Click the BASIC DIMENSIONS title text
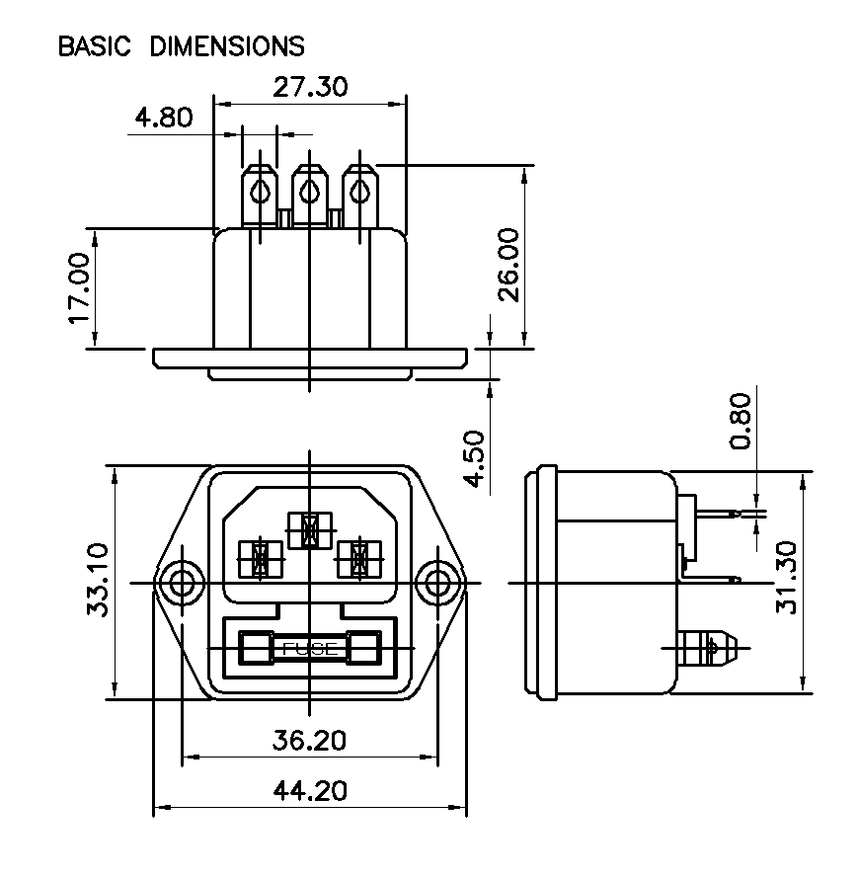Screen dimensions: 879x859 [x=181, y=46]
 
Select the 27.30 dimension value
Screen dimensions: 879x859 [x=310, y=87]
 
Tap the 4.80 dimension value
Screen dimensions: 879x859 [x=164, y=119]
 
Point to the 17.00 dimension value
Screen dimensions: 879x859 [x=78, y=288]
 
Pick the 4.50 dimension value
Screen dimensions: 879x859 [x=474, y=458]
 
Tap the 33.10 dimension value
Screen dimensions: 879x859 [x=99, y=583]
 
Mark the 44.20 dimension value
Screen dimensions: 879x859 [x=310, y=792]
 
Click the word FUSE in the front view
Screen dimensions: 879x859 [x=310, y=649]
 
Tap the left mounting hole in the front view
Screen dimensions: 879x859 [x=181, y=583]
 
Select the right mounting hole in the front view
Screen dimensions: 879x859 [x=436, y=583]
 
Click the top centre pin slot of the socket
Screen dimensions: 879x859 [x=309, y=530]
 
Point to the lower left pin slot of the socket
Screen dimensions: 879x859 [x=260, y=559]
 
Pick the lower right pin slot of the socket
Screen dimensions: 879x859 [x=358, y=559]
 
